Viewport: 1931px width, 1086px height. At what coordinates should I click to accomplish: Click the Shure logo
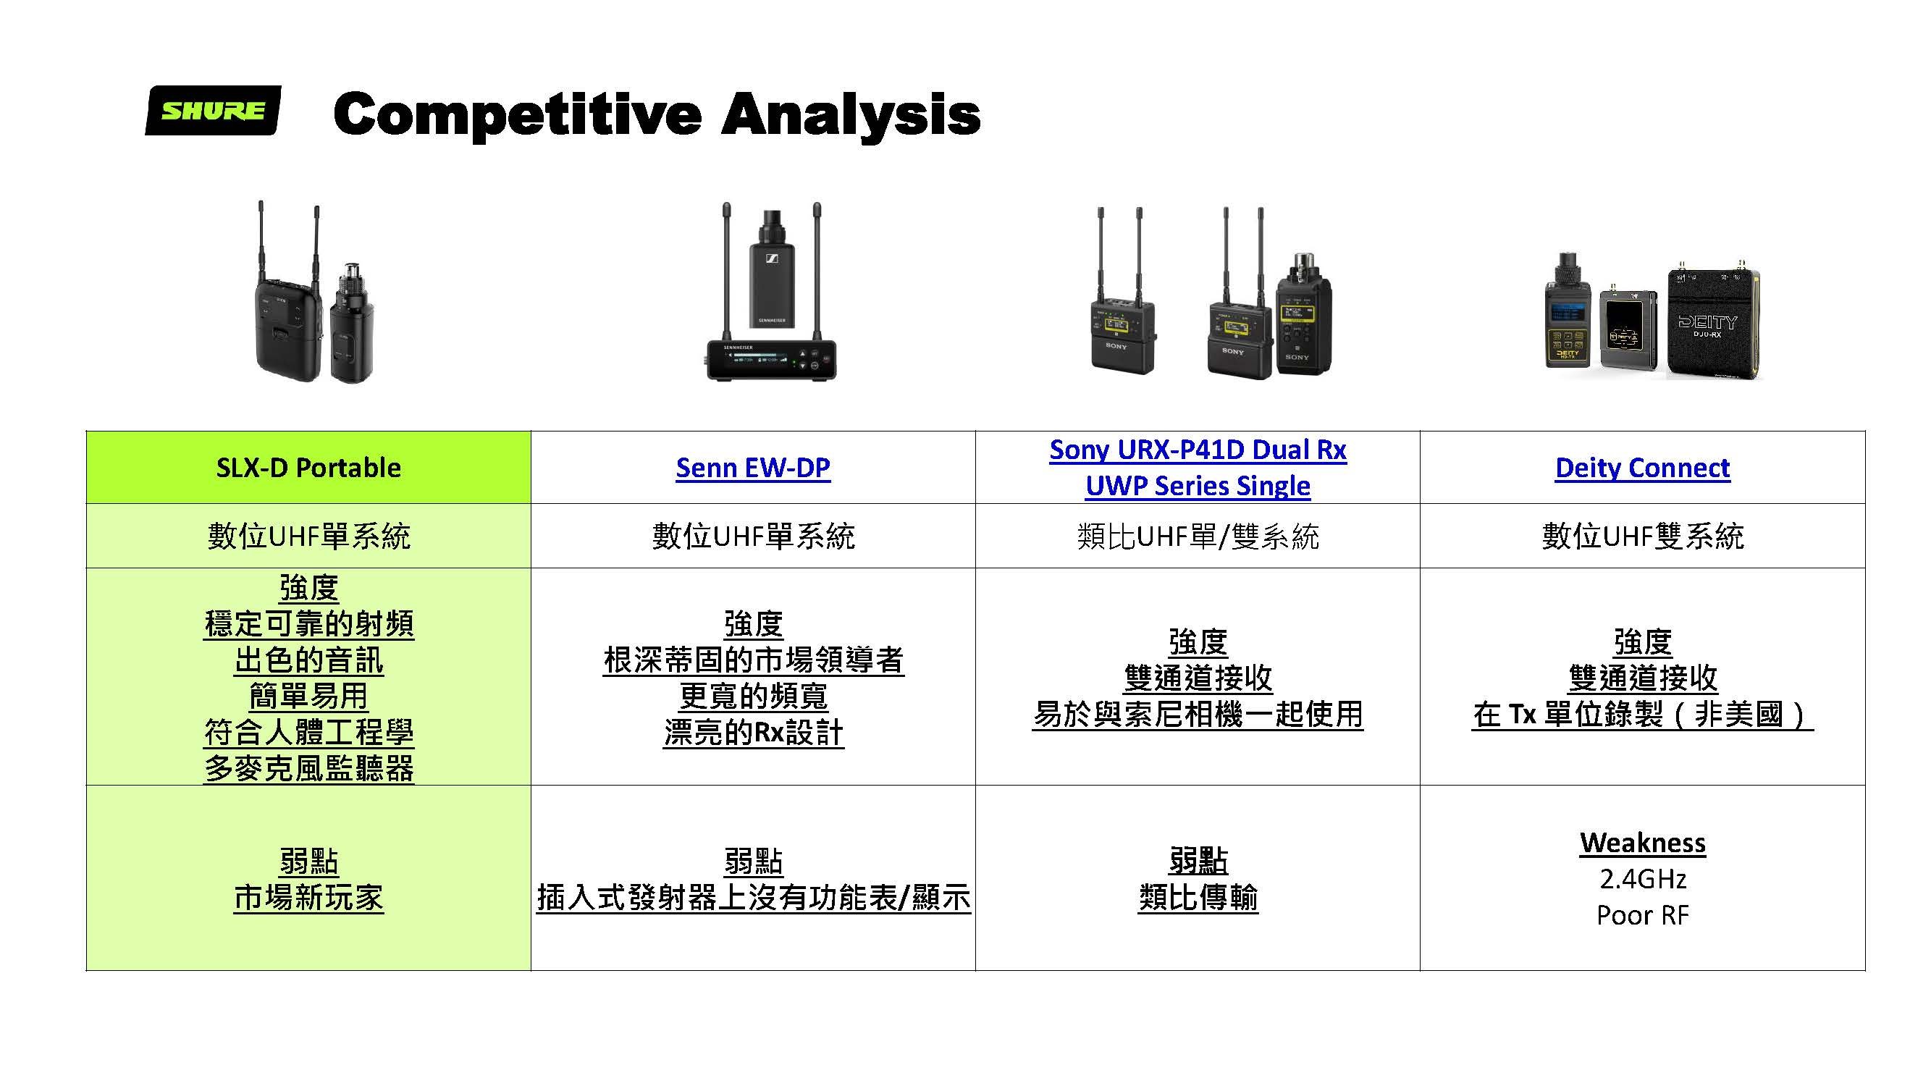coord(213,110)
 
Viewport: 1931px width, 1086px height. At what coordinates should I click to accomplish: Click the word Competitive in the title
coord(517,114)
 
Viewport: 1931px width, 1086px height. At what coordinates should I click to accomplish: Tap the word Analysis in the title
coord(851,114)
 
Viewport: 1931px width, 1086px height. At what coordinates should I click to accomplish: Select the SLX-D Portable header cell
coord(308,467)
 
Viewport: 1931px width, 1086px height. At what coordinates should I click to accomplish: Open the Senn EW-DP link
coord(752,467)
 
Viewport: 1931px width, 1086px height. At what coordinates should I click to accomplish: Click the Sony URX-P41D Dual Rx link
coord(1197,449)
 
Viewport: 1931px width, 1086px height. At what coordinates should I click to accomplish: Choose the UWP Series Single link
coord(1197,486)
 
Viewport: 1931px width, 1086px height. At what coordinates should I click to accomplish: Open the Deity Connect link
coord(1641,467)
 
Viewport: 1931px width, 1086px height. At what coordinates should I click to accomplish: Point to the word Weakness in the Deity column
coord(1641,842)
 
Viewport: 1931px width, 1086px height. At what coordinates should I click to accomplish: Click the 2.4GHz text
coord(1641,878)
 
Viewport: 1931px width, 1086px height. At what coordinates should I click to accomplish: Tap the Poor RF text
coord(1641,915)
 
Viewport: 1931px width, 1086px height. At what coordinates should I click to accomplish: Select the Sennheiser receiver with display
coord(771,360)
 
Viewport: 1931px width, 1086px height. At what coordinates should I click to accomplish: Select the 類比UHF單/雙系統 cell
coord(1197,536)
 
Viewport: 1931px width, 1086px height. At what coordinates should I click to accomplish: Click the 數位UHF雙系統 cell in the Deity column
coord(1641,536)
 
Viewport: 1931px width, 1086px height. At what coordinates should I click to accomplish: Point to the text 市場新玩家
coord(308,897)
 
